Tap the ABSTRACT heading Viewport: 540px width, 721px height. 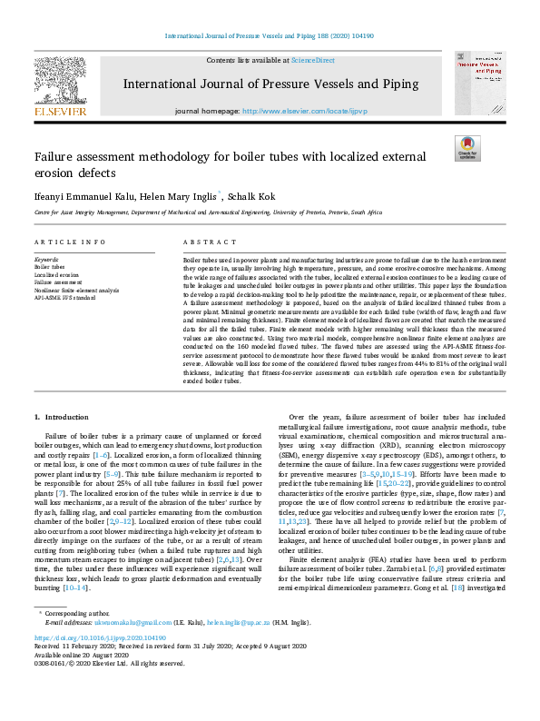pos(203,242)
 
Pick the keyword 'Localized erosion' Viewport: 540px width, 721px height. pos(54,274)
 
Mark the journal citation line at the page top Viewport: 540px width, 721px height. pos(269,36)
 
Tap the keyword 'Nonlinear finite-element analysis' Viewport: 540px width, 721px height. pos(75,289)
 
